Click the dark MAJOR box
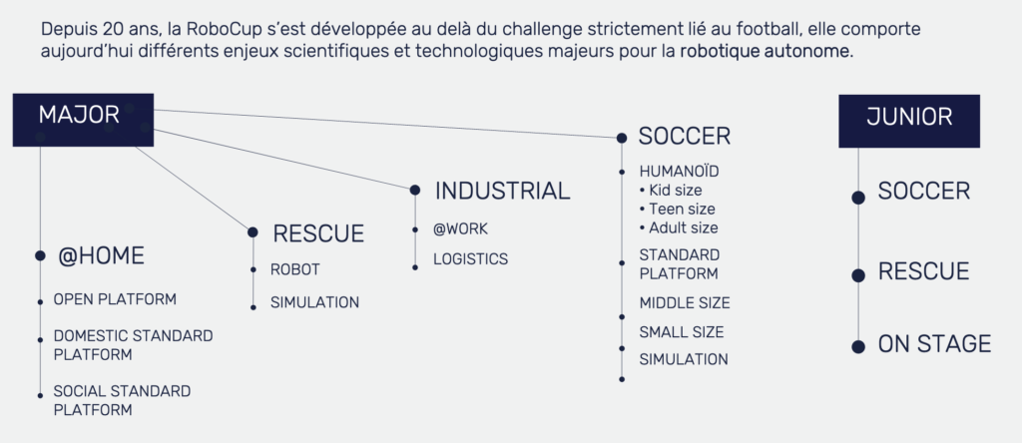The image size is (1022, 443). (83, 120)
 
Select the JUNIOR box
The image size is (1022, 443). (909, 121)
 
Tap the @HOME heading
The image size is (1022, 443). (101, 256)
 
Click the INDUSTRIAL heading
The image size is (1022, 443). (503, 191)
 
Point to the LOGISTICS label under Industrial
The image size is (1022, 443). (471, 259)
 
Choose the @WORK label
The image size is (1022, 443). (460, 229)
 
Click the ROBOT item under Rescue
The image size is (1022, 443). (295, 269)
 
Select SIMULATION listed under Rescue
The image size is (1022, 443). (314, 303)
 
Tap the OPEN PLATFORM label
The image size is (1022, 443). (115, 299)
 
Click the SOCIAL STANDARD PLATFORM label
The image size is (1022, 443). (122, 401)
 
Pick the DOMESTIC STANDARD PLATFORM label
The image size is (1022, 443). (133, 345)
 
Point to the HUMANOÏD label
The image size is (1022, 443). (679, 172)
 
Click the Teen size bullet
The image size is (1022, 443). (678, 210)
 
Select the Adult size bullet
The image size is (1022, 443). (679, 228)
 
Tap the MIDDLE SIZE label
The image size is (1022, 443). (685, 303)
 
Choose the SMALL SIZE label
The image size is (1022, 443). (682, 331)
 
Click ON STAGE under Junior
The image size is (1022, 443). (934, 344)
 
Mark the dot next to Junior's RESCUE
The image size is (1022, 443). (858, 275)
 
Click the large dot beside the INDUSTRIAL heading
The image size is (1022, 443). (415, 191)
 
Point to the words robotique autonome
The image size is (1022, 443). (766, 52)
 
